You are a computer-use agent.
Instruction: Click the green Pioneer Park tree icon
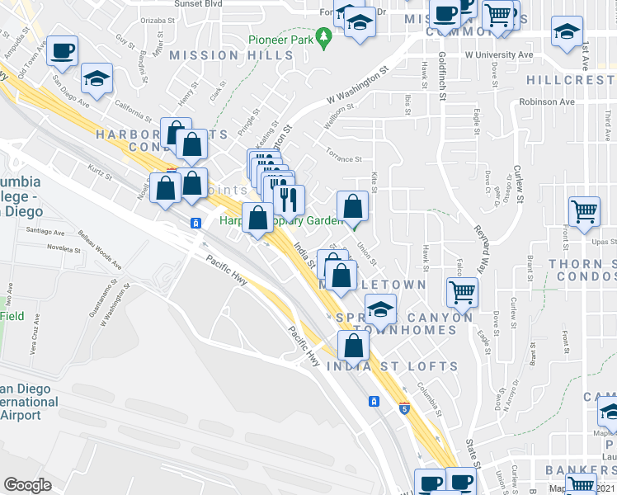point(324,36)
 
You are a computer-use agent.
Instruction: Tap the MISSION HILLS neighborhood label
point(231,55)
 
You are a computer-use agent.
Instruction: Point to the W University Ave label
point(498,55)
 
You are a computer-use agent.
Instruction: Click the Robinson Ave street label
point(546,102)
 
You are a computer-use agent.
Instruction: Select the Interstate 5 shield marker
point(403,408)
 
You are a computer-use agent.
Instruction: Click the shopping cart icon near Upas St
point(585,212)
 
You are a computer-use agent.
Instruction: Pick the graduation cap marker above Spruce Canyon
point(379,309)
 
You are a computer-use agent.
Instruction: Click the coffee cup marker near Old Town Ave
point(63,51)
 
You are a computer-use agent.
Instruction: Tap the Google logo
point(27,485)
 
